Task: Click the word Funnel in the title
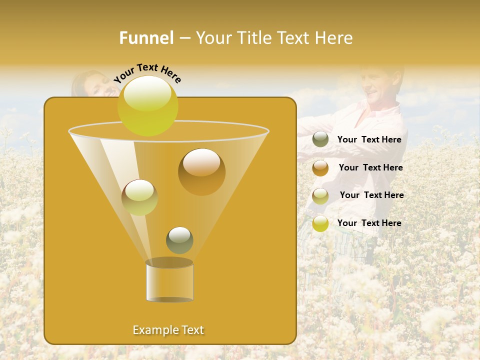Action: click(x=146, y=38)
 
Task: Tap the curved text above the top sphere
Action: click(x=147, y=73)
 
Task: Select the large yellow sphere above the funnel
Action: click(x=148, y=105)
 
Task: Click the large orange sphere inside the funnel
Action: click(x=201, y=171)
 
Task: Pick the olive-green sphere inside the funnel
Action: click(x=139, y=197)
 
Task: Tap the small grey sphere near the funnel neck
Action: click(x=179, y=240)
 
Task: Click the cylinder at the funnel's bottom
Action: click(x=169, y=281)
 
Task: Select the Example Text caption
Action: click(x=168, y=330)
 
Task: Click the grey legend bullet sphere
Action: click(x=320, y=139)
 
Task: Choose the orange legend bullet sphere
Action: click(x=320, y=167)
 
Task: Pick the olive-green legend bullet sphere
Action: click(x=320, y=195)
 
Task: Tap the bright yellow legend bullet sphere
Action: click(x=320, y=223)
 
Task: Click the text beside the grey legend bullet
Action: click(x=369, y=140)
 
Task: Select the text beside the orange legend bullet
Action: click(x=370, y=168)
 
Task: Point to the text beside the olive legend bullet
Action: click(x=371, y=195)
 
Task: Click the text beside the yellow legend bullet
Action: click(x=369, y=223)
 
